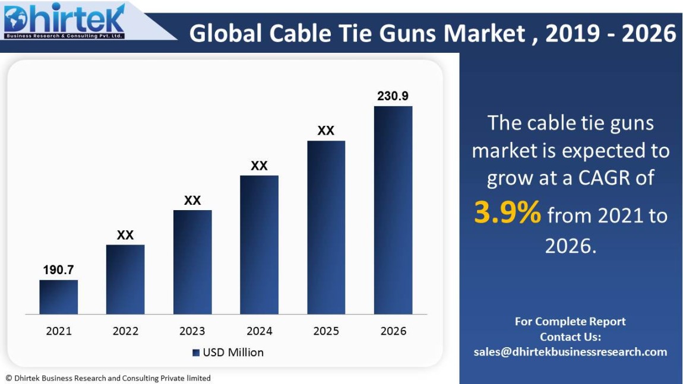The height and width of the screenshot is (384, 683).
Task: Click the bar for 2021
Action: pyautogui.click(x=59, y=297)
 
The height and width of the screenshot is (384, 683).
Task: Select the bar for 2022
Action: pyautogui.click(x=125, y=279)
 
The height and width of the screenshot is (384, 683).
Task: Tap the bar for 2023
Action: pyautogui.click(x=192, y=262)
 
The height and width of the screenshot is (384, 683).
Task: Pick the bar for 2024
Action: pyautogui.click(x=259, y=245)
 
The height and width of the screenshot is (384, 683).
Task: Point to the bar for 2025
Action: pyautogui.click(x=326, y=227)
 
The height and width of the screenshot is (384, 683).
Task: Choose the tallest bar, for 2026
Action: pyautogui.click(x=393, y=210)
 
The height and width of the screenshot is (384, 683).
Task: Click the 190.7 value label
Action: pyautogui.click(x=58, y=270)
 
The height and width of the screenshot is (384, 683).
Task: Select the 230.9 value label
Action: pyautogui.click(x=393, y=96)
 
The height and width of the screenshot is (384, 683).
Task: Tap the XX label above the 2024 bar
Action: pyautogui.click(x=259, y=166)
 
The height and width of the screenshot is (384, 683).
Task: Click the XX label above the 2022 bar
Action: pyautogui.click(x=125, y=235)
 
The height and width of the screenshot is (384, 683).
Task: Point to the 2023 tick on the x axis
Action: pyautogui.click(x=192, y=331)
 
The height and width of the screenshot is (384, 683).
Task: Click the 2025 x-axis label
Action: pyautogui.click(x=326, y=331)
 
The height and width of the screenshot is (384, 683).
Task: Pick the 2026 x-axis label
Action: pyautogui.click(x=393, y=331)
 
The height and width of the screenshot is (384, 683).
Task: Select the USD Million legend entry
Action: pyautogui.click(x=228, y=353)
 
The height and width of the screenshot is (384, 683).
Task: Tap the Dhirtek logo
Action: pyautogui.click(x=64, y=21)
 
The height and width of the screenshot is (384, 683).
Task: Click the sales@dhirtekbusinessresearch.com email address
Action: pyautogui.click(x=570, y=352)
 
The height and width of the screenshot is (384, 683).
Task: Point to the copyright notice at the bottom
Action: pyautogui.click(x=108, y=378)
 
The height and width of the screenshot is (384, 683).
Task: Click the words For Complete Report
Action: pyautogui.click(x=570, y=322)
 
